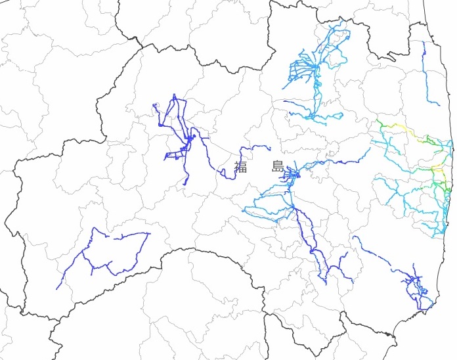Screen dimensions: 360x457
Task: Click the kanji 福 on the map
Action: [x=241, y=167]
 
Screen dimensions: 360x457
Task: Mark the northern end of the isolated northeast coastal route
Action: [x=423, y=42]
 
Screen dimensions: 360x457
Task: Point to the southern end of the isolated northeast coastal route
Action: [x=439, y=104]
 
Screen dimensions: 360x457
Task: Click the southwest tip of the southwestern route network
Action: [x=57, y=288]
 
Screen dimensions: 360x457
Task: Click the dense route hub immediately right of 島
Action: [x=292, y=175]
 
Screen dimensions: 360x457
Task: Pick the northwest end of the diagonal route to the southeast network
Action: [x=353, y=236]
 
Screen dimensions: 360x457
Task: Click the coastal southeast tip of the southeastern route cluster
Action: [x=433, y=303]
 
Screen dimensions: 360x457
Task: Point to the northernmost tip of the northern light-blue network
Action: [x=341, y=21]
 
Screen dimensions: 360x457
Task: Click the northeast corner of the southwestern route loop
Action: [x=150, y=233]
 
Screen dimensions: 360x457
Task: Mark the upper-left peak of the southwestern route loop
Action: [x=96, y=229]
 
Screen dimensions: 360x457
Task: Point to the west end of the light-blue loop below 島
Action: [x=244, y=210]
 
